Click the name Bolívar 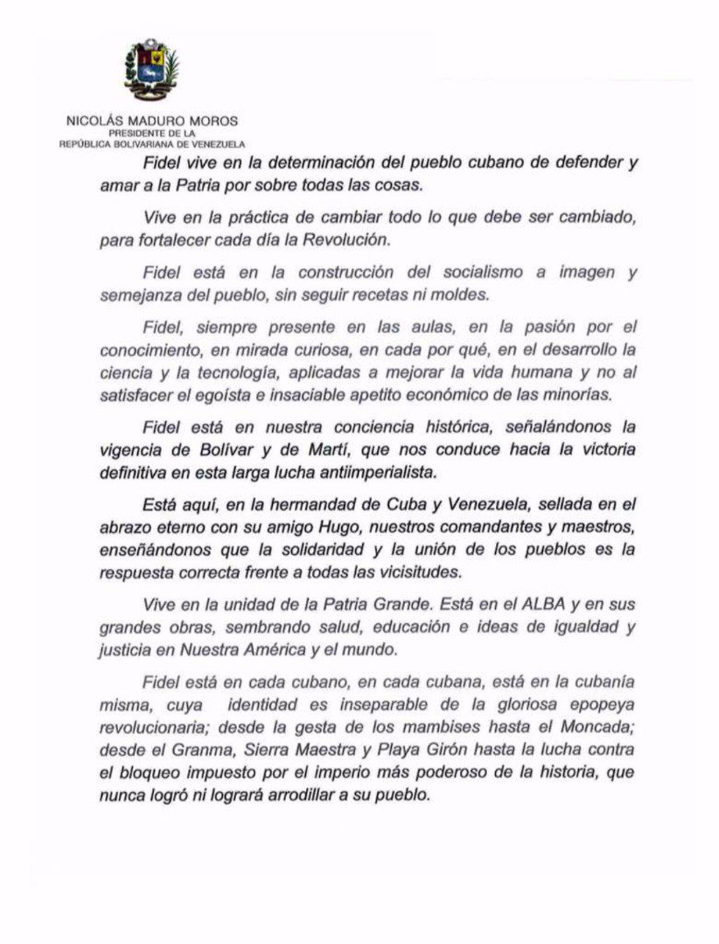pyautogui.click(x=220, y=450)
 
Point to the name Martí pyautogui.click(x=304, y=450)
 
